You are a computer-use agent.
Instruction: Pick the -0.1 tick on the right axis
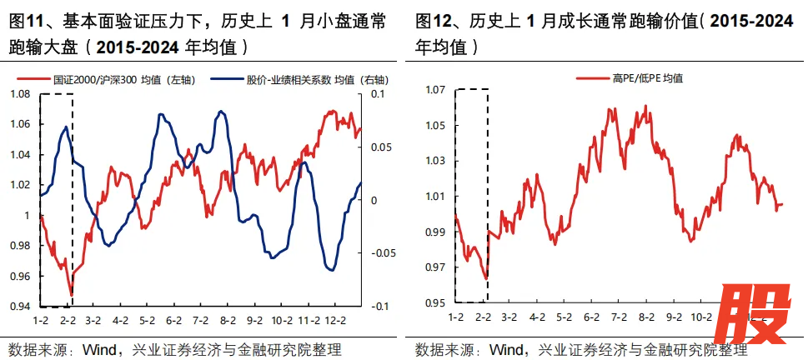pyautogui.click(x=378, y=307)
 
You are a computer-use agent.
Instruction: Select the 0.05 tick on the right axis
pyautogui.click(x=379, y=147)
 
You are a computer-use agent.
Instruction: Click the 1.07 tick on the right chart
pyautogui.click(x=435, y=90)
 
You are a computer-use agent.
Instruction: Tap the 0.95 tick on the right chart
pyautogui.click(x=435, y=302)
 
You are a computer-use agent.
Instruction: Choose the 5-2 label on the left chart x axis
pyautogui.click(x=148, y=320)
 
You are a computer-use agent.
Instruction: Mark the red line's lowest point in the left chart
pyautogui.click(x=72, y=294)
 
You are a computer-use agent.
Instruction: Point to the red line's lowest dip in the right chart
pyautogui.click(x=485, y=278)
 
